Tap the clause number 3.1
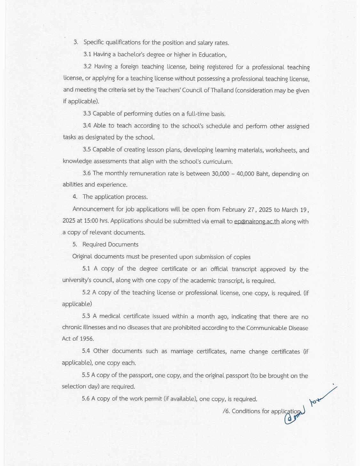87,54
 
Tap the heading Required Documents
110,245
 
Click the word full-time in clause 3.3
197,114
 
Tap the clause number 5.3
86,316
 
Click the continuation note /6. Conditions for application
262,411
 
